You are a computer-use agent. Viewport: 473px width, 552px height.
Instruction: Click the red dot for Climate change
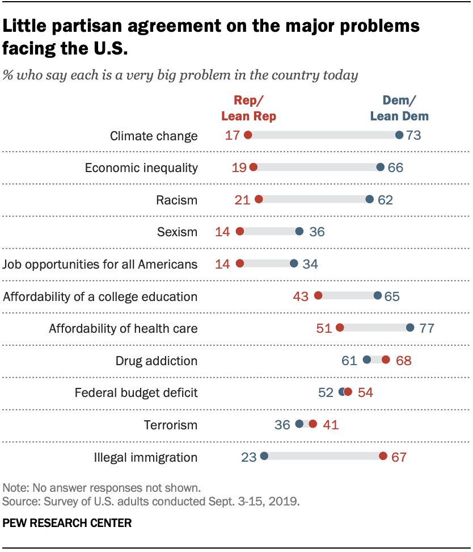(x=247, y=135)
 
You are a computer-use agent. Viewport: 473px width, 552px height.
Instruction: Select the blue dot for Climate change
(x=399, y=135)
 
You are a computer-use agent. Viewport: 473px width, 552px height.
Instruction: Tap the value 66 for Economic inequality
(x=395, y=168)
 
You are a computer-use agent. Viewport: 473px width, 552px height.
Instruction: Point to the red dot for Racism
(x=259, y=199)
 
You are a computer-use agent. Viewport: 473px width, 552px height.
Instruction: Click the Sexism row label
(x=177, y=232)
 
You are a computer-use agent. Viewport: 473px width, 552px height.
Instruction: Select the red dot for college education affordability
(x=318, y=295)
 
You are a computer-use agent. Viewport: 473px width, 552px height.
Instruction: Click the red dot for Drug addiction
(x=386, y=359)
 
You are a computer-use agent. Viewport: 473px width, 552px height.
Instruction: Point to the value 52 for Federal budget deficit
(x=326, y=392)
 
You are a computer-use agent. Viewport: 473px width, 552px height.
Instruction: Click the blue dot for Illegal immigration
(x=264, y=456)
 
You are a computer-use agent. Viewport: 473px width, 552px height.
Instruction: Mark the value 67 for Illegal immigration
(x=399, y=457)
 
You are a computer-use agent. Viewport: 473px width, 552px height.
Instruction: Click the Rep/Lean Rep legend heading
(x=248, y=108)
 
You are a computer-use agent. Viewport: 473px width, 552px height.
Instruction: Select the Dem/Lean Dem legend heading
(x=399, y=108)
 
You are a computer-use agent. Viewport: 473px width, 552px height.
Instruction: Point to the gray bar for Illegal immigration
(x=323, y=456)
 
